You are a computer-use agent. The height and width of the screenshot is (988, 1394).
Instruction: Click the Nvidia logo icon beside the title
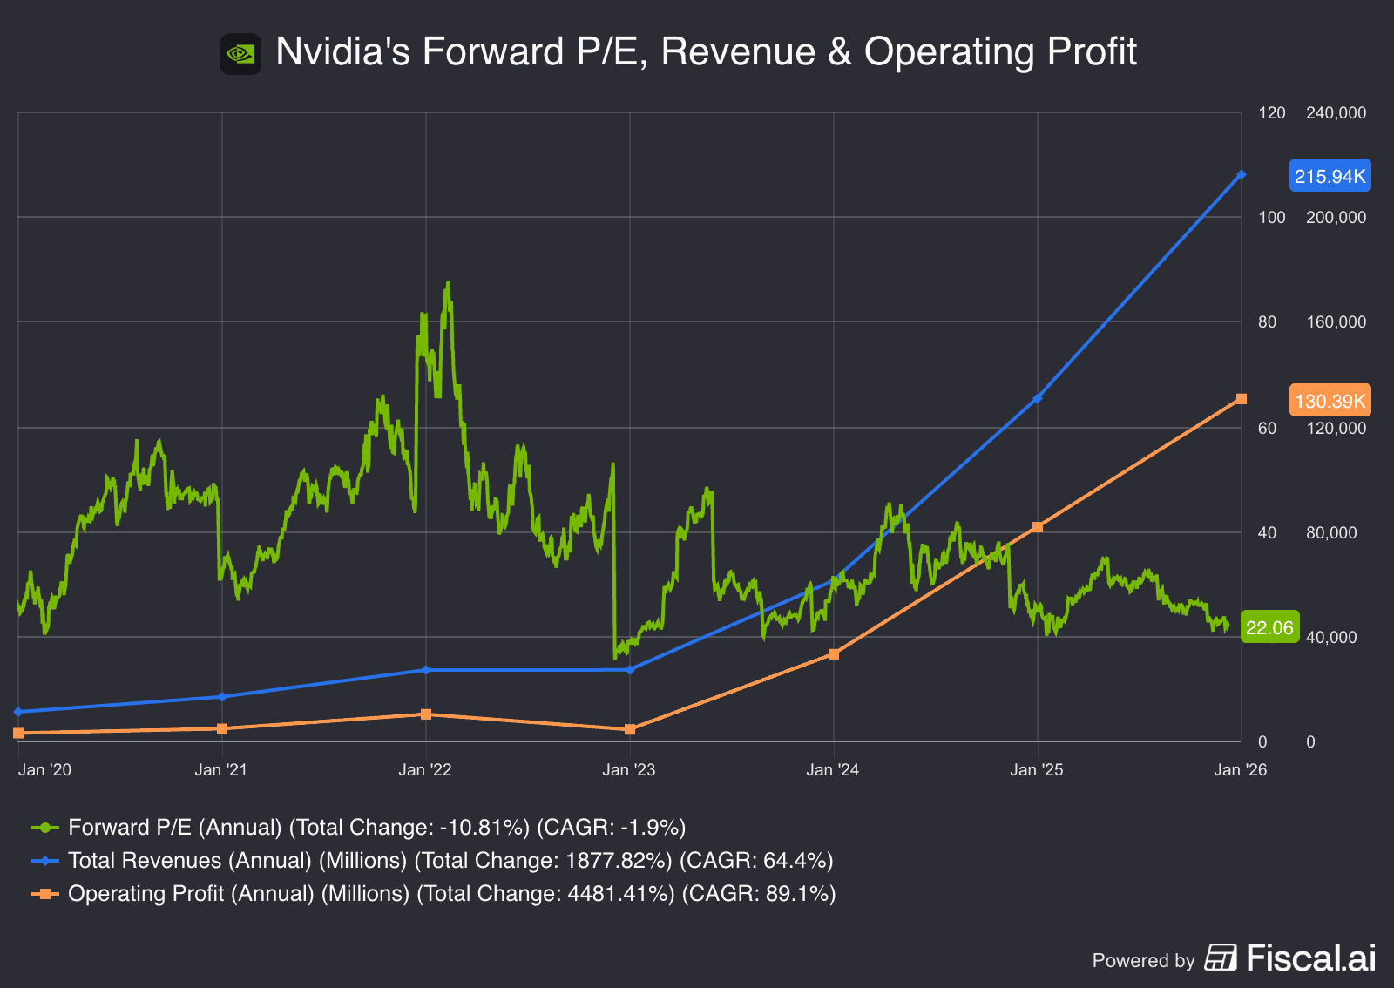[240, 54]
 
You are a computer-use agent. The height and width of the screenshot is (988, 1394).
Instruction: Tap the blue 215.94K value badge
[1330, 176]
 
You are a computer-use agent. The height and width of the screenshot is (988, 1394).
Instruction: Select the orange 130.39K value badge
[1330, 401]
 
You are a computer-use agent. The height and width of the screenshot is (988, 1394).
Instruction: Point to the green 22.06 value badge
[1269, 627]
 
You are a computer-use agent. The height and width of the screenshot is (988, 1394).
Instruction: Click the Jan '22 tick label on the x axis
[425, 769]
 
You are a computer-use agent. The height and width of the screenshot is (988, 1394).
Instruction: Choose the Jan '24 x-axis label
[833, 769]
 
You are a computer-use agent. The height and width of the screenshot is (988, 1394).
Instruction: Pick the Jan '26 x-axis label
[1241, 769]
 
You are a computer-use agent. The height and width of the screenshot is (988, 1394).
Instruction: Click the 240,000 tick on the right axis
[1336, 112]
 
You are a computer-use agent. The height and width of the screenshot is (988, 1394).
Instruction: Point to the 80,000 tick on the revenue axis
[1331, 532]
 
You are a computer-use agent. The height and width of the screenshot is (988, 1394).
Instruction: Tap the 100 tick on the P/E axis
[1272, 217]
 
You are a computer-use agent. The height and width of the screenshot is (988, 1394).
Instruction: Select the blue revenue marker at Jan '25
[1037, 398]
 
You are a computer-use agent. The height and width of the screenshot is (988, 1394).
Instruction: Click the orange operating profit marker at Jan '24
[834, 653]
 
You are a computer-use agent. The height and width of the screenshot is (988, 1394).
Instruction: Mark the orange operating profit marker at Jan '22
[426, 714]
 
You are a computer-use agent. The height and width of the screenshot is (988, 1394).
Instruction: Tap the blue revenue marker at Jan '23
[630, 670]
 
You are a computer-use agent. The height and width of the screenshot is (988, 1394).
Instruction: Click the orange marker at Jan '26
[1242, 399]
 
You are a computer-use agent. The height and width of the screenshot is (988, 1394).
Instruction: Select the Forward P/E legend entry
[359, 827]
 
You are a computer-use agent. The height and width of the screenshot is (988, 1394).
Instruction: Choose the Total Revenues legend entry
[433, 860]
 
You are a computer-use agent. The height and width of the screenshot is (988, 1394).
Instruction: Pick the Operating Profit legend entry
[434, 893]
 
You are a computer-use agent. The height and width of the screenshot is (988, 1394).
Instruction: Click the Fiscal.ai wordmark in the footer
[1310, 958]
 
